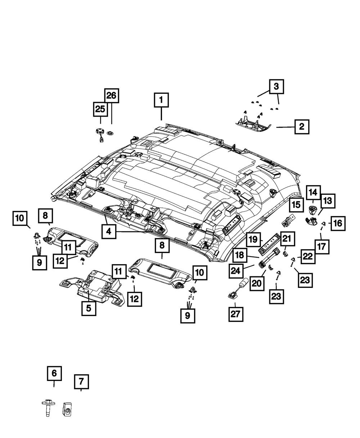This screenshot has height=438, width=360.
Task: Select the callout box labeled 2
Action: point(302,127)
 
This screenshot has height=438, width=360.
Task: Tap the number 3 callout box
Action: point(276,87)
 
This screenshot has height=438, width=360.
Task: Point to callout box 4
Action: point(109,231)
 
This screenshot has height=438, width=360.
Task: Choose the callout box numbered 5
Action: point(89,308)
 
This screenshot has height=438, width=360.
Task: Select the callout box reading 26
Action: point(112,95)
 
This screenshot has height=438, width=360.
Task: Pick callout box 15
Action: point(296,205)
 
